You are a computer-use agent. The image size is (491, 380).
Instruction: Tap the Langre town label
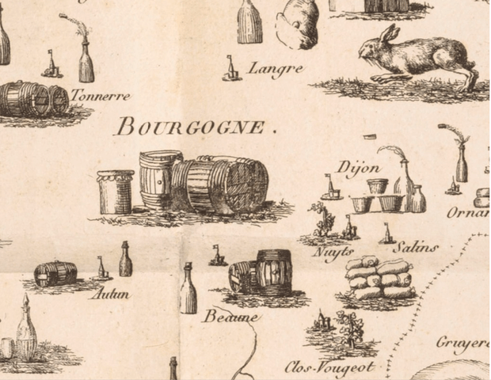click(x=275, y=69)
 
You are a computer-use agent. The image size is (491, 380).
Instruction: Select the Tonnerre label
click(x=100, y=96)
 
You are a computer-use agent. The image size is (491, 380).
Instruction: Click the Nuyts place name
click(x=333, y=252)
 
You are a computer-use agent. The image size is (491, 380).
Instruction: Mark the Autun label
click(x=109, y=294)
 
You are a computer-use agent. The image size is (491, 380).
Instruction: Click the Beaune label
click(x=230, y=317)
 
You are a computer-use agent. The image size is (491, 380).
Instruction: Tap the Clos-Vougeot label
click(x=329, y=367)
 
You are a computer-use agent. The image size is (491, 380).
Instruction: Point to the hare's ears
click(x=387, y=34)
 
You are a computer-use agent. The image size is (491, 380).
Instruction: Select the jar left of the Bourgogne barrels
click(x=115, y=192)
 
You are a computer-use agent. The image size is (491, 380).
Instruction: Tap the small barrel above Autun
click(x=56, y=274)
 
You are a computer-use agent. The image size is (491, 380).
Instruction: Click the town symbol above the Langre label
click(x=232, y=69)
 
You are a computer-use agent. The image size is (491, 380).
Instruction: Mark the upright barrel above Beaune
click(x=273, y=272)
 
